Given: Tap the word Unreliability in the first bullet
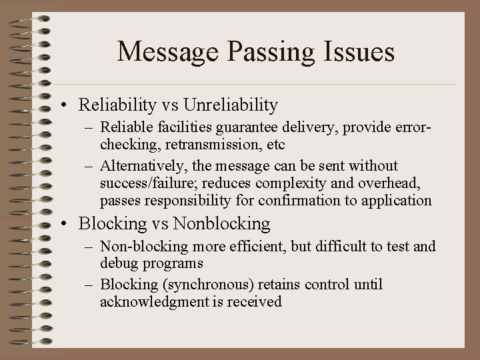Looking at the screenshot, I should click(230, 105).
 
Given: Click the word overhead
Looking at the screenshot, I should click(387, 183).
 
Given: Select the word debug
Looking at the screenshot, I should click(118, 263).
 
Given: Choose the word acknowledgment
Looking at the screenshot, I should click(149, 302).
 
